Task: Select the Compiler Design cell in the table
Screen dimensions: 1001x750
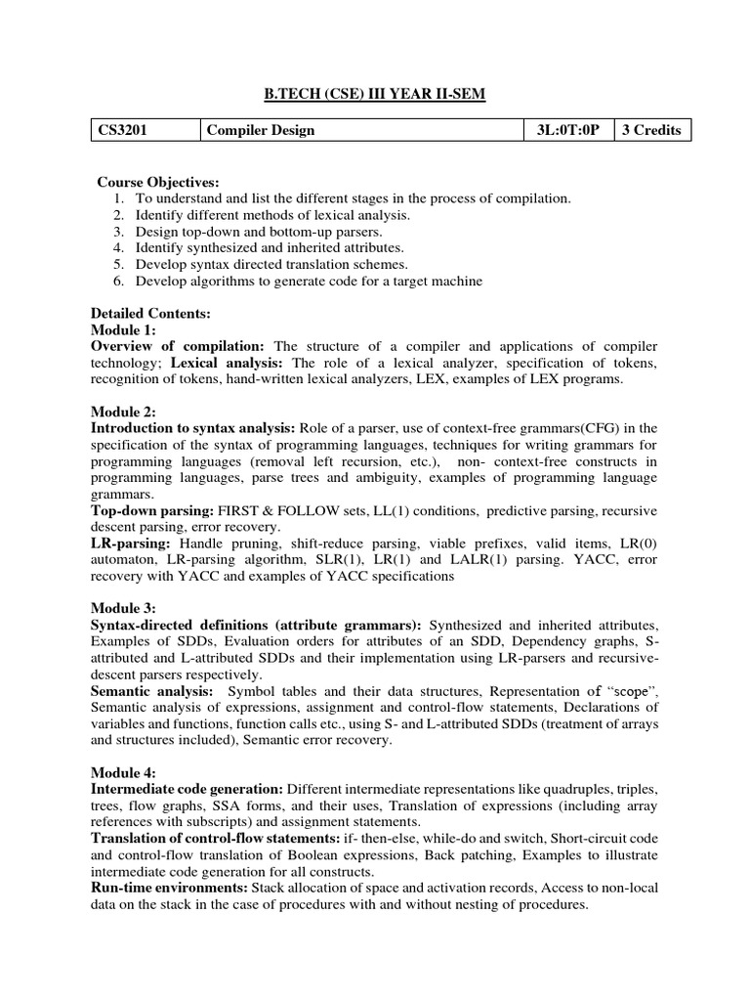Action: tap(260, 130)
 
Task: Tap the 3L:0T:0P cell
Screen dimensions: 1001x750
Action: tap(566, 130)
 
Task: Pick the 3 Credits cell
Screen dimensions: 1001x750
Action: tap(651, 130)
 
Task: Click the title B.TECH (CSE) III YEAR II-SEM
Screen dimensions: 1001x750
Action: tap(375, 93)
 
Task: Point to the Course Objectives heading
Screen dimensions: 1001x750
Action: tap(157, 183)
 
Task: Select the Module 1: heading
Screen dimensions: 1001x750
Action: tap(123, 330)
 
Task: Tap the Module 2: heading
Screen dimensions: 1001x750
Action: tap(123, 412)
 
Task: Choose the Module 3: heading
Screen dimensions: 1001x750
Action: tap(123, 607)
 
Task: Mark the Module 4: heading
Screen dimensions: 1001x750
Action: tap(123, 772)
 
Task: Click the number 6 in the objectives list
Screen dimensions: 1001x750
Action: tap(117, 282)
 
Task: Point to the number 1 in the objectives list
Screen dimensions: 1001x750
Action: tap(117, 198)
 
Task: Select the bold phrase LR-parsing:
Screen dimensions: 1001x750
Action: tap(130, 544)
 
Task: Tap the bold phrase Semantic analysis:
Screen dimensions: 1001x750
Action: tap(152, 691)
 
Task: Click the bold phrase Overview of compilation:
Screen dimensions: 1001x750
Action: tap(178, 347)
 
